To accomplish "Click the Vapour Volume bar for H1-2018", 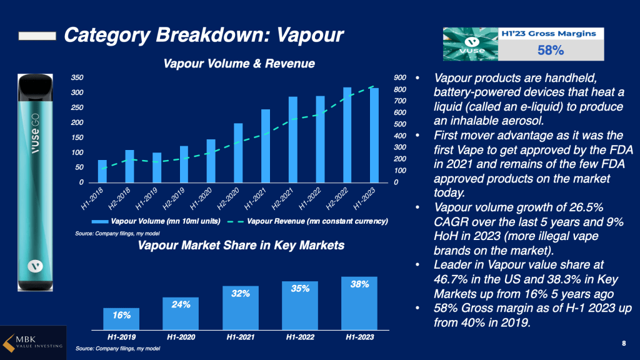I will (x=102, y=171).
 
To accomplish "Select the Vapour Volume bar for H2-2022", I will (x=347, y=135).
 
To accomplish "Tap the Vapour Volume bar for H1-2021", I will (x=265, y=146).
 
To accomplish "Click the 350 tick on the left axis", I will (x=77, y=77).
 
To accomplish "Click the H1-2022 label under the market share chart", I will (x=301, y=337).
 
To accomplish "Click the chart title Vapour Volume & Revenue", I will (x=239, y=64).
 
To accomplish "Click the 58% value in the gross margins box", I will (x=551, y=50).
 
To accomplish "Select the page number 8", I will (x=624, y=343).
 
